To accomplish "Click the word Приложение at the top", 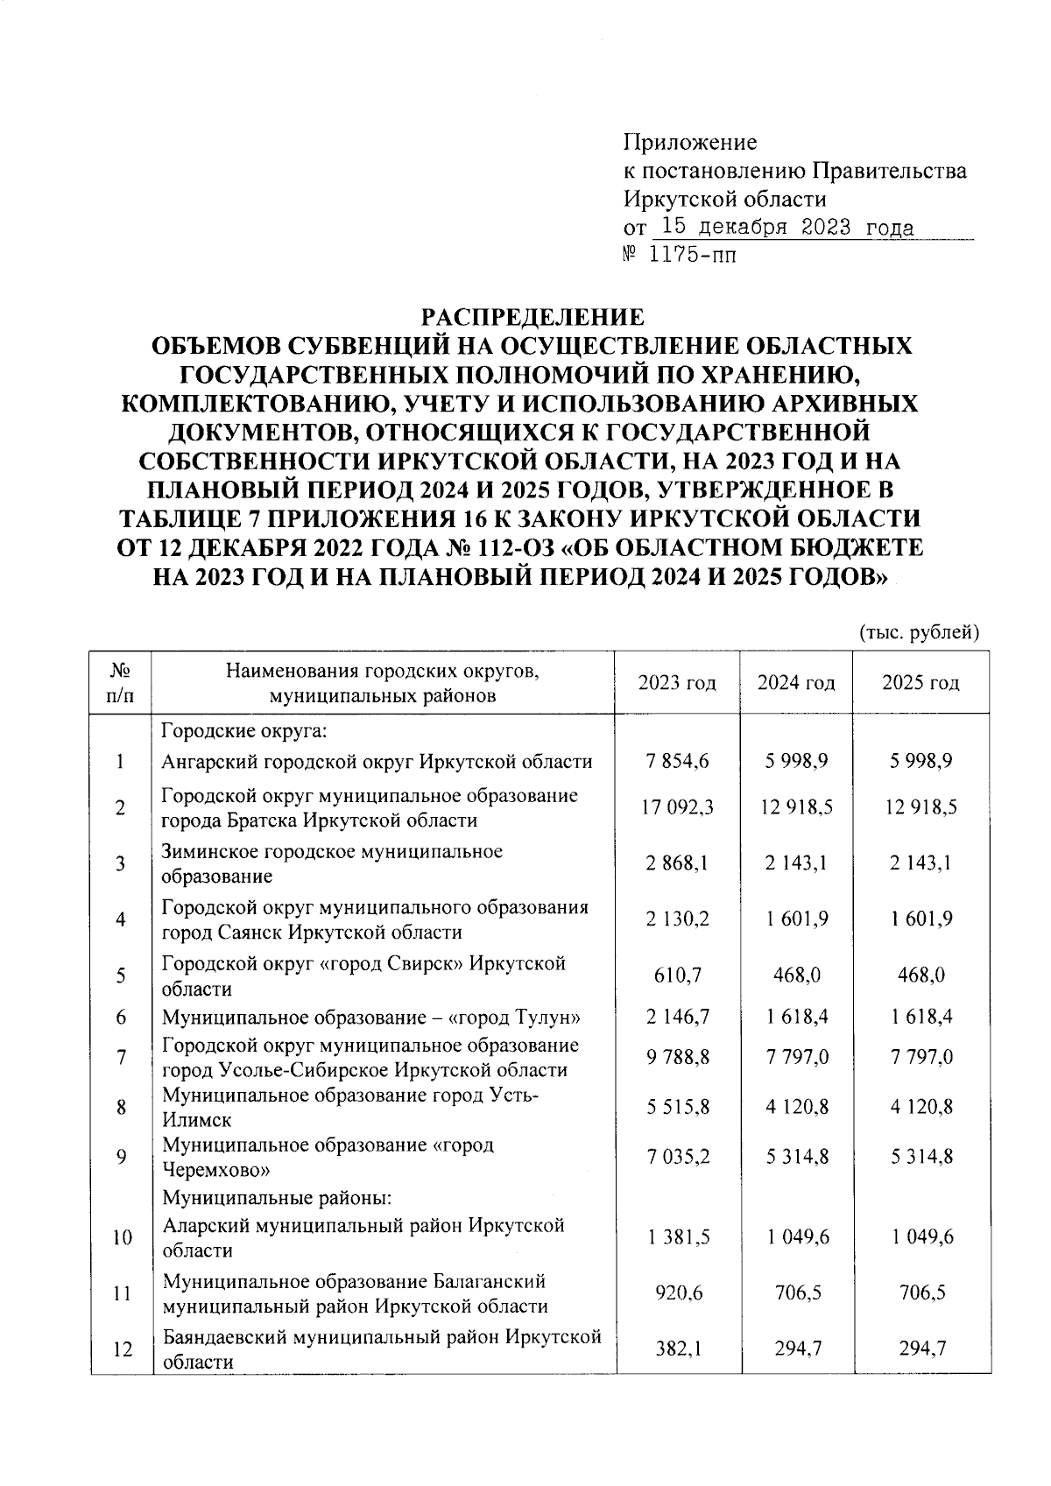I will [689, 142].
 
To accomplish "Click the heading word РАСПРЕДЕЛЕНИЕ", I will [533, 316].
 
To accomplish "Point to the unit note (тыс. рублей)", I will [919, 632].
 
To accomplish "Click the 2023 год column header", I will [676, 683].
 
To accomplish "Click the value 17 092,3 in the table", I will [676, 807].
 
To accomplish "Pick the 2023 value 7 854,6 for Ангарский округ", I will [676, 762].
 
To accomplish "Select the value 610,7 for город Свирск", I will [676, 975].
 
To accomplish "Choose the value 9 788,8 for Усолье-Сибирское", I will [676, 1057].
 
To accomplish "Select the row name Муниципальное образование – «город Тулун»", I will [372, 1018].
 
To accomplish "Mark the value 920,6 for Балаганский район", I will [676, 1293].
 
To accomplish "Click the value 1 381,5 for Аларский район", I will [676, 1237].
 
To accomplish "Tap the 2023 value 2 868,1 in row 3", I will [676, 863].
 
